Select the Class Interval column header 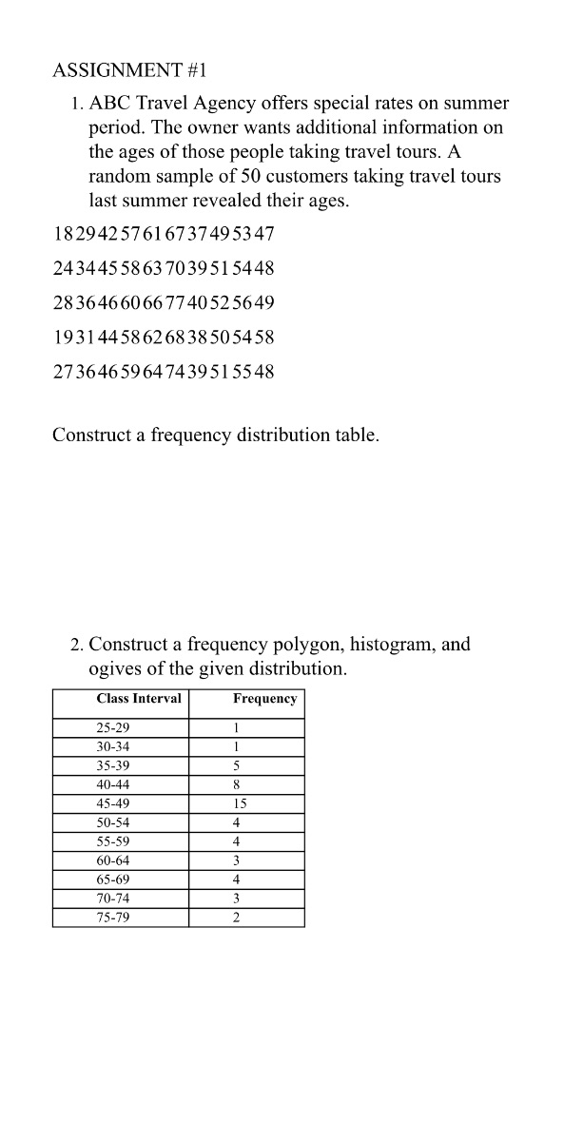(x=139, y=699)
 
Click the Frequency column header (x=264, y=699)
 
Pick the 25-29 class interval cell (x=113, y=727)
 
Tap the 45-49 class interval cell (x=113, y=803)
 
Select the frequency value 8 (x=236, y=784)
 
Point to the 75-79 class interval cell (x=113, y=918)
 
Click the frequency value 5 (x=236, y=765)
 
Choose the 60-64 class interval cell (x=113, y=860)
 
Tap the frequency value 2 (x=236, y=918)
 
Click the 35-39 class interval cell (x=113, y=765)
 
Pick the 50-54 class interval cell (x=113, y=822)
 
